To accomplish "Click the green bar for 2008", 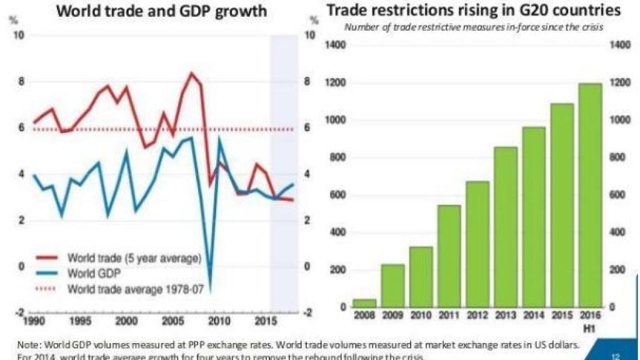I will (x=366, y=303).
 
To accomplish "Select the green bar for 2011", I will (x=448, y=256).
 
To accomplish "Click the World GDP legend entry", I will (x=94, y=273).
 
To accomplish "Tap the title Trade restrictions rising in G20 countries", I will (x=474, y=11).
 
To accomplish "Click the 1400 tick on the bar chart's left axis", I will (x=336, y=46).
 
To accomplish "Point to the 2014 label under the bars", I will (x=533, y=317).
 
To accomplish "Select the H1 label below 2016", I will (x=590, y=326).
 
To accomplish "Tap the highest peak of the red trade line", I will (x=191, y=73).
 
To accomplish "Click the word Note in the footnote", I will (x=28, y=344).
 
